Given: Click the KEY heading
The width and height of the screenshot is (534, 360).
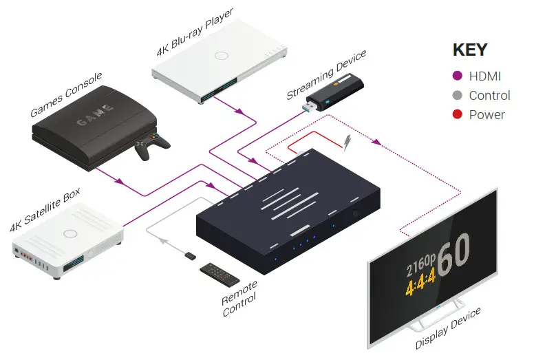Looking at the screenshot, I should (469, 50).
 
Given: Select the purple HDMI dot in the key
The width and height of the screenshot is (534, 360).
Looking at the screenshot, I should (456, 76).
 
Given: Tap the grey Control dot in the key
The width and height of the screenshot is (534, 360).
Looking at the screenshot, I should (456, 96).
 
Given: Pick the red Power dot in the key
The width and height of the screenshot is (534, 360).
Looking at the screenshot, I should (456, 115).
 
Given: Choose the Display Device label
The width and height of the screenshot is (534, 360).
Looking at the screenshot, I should (448, 329).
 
